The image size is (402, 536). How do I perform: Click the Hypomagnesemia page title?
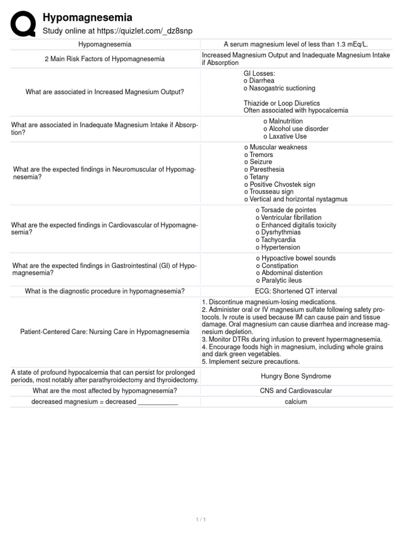click(87, 18)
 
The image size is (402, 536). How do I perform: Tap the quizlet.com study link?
click(117, 31)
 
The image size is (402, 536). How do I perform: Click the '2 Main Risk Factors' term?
click(105, 59)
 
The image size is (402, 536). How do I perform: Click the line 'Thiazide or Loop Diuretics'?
click(282, 103)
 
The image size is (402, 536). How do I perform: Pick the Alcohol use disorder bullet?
click(296, 129)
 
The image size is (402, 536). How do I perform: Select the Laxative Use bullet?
click(285, 136)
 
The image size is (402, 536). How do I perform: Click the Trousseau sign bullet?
click(269, 192)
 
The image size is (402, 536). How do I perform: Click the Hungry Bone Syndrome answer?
click(296, 376)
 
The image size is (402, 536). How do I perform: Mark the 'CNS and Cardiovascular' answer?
click(296, 390)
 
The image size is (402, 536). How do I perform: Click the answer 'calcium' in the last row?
click(296, 401)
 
